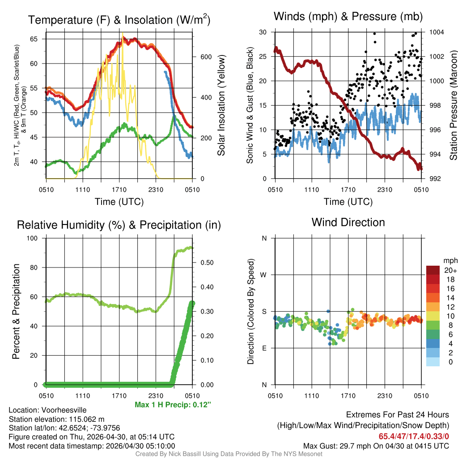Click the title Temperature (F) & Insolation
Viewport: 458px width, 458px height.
119,20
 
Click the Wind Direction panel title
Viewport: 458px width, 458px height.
348,222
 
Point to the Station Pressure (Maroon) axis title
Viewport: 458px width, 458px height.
453,106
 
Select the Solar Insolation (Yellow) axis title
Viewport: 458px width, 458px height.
221,106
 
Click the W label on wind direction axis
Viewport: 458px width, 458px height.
264,275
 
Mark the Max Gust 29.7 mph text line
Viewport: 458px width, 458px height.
376,445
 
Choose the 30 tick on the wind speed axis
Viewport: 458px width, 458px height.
263,32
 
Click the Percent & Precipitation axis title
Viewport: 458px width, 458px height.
16,311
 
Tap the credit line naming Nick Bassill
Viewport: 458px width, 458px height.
229,454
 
